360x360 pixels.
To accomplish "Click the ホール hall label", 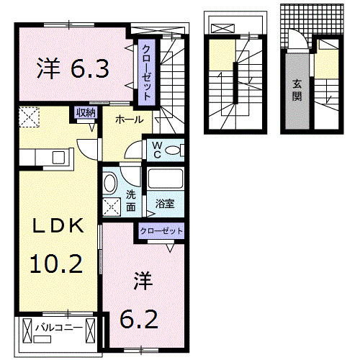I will click(128, 120).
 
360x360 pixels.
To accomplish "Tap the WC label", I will click(156, 148).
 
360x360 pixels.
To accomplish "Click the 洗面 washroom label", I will click(131, 199).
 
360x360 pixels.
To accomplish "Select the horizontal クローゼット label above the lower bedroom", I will click(161, 231).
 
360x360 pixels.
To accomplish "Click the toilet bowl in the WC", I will click(177, 150).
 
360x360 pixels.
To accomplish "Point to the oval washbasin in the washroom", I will click(110, 183).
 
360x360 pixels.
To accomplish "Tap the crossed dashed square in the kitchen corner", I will click(29, 116).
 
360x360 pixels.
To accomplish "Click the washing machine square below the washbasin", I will click(112, 207).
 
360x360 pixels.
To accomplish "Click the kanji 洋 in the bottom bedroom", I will click(141, 282).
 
